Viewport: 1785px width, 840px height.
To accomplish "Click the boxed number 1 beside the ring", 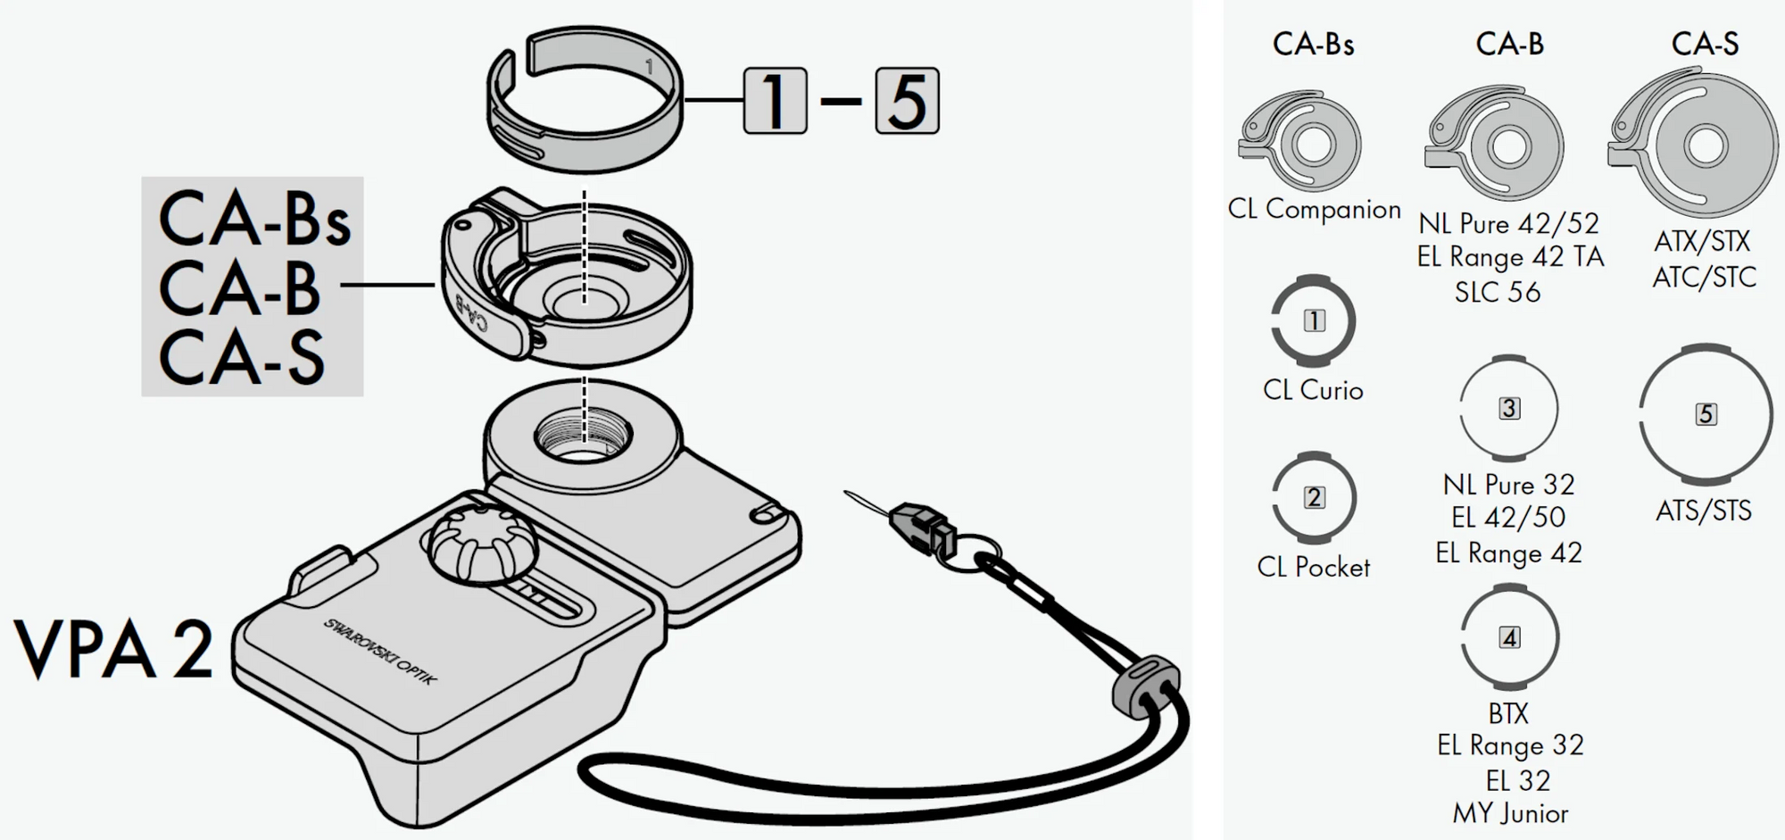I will tap(775, 101).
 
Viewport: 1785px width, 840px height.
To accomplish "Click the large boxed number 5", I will tap(907, 101).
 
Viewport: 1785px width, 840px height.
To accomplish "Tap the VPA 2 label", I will tap(114, 649).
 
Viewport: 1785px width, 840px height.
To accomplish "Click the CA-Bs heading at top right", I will tap(1313, 44).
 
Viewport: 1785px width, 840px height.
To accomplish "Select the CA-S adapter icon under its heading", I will tap(1693, 143).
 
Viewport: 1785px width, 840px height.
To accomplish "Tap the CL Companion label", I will tap(1314, 210).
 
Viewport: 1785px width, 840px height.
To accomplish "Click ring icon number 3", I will tap(1508, 408).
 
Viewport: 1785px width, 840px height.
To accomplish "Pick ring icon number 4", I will tap(1509, 637).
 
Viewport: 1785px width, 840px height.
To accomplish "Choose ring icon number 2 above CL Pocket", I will tap(1314, 497).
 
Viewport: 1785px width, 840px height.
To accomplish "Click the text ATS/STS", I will tap(1703, 511).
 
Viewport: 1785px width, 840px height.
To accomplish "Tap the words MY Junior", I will tap(1510, 813).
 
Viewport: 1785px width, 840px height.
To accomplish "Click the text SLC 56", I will tap(1497, 292).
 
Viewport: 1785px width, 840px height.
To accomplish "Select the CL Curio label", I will tap(1313, 390).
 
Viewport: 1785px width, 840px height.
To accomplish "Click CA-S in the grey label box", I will tap(242, 357).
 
